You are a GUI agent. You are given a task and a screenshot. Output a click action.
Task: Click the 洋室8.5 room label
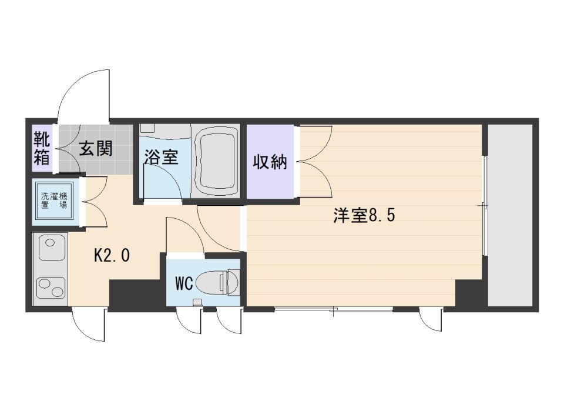pos(364,216)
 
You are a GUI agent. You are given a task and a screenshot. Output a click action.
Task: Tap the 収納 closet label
pos(270,162)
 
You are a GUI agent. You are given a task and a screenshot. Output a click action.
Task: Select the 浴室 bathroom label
pos(160,157)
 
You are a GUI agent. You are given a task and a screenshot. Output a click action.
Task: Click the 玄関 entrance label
pos(95,149)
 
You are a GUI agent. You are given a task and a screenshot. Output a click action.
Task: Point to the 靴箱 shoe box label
pos(42,149)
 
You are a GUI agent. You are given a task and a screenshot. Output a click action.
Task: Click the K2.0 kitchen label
pos(112,255)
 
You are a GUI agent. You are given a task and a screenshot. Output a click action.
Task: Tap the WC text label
pos(184,283)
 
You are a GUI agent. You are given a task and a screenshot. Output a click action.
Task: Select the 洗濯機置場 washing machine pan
pos(53,202)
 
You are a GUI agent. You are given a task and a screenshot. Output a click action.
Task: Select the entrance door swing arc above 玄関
pos(82,94)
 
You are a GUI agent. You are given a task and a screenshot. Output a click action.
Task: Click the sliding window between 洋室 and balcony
pos(485,206)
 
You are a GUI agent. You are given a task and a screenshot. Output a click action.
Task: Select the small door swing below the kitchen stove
pos(88,326)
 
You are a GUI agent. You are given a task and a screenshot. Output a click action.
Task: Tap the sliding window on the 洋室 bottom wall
pos(333,309)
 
